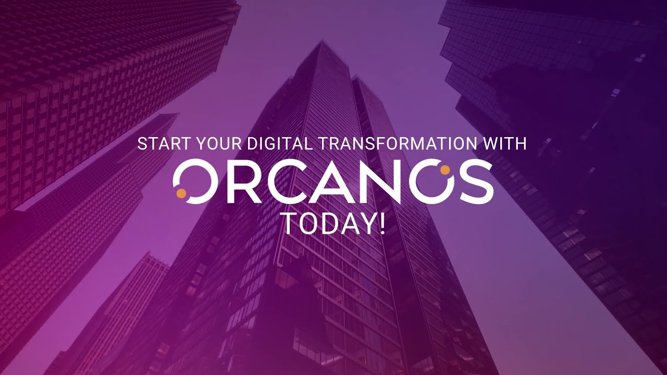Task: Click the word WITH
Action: coord(505,144)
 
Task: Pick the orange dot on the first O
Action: coord(181,193)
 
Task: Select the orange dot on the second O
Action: coord(445,170)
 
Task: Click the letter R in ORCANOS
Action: coord(244,182)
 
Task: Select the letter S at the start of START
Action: coord(142,144)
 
